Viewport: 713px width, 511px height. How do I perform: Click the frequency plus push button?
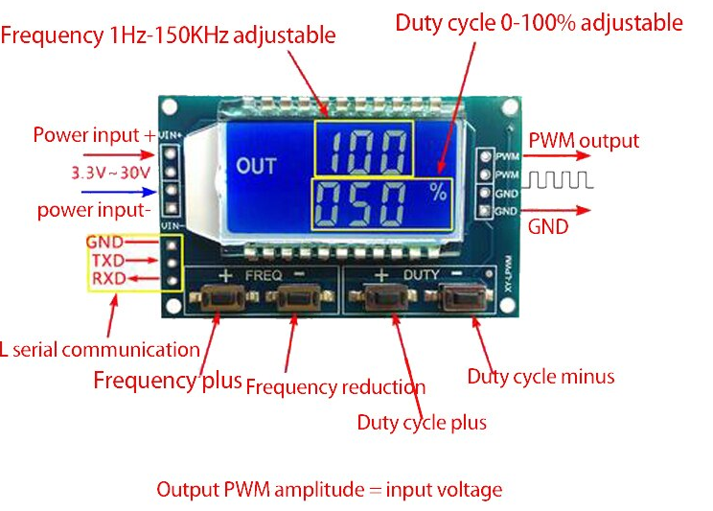(x=218, y=300)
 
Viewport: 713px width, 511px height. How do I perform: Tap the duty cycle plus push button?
(x=384, y=300)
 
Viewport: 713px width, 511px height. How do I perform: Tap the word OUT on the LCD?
(x=256, y=166)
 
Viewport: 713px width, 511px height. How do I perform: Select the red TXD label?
(x=107, y=260)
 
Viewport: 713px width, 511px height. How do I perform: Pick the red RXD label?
(x=107, y=278)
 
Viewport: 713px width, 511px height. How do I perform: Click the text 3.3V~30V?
(x=108, y=174)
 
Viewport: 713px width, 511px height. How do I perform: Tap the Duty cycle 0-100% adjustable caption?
(x=539, y=22)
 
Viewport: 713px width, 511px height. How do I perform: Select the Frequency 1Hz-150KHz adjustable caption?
(x=168, y=35)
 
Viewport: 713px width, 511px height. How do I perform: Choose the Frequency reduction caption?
(x=335, y=387)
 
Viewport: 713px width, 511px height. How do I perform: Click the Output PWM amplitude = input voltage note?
(x=329, y=489)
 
